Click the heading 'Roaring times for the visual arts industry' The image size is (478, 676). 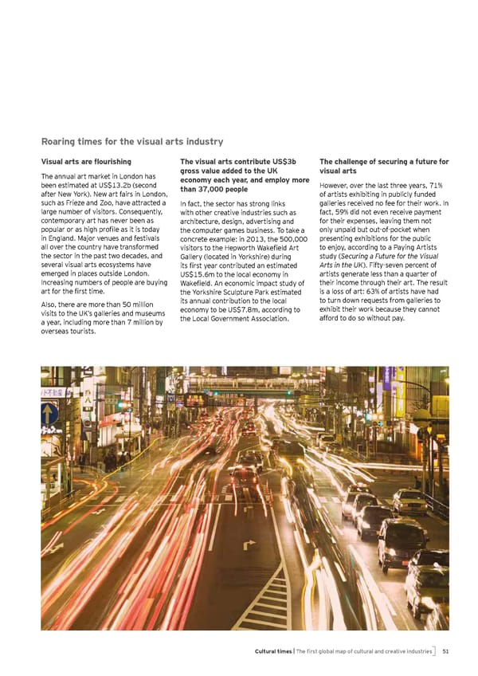click(131, 141)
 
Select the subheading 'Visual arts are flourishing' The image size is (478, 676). click(85, 162)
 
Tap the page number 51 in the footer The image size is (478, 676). click(446, 651)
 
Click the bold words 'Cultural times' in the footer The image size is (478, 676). click(275, 651)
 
